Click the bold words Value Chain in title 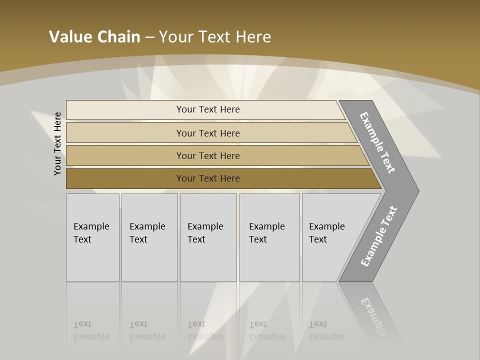point(94,37)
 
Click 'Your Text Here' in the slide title point(215,37)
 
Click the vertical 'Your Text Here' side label point(57,143)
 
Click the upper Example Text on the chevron point(377,142)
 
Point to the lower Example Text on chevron point(378,236)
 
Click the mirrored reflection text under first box point(91,330)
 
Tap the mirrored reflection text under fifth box point(327,330)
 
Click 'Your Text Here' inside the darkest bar point(208,178)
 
